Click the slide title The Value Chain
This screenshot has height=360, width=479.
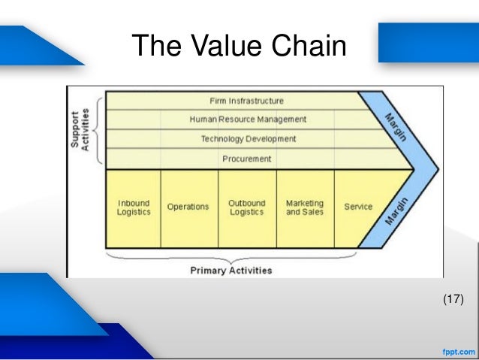tap(239, 46)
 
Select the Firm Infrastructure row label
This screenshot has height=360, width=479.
tap(247, 101)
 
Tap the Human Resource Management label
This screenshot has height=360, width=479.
tap(248, 119)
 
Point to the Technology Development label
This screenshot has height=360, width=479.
tap(248, 139)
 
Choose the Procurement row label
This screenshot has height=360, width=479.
tap(247, 159)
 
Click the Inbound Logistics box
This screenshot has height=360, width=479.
tap(134, 207)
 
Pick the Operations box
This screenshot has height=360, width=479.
tap(188, 207)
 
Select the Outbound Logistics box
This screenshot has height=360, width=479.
tap(247, 207)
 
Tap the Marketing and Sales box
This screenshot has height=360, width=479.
tap(305, 207)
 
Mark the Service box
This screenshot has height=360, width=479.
tap(358, 207)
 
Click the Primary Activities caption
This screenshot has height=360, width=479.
tap(231, 271)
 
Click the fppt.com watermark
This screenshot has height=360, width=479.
tap(456, 351)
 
